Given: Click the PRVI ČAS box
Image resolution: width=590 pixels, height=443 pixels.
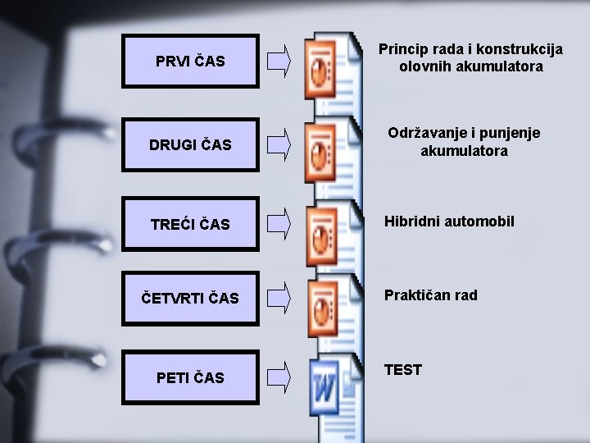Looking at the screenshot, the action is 190,61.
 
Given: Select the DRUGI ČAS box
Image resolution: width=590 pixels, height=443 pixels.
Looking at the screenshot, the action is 190,144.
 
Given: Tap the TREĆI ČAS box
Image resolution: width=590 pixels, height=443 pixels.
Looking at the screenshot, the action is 190,224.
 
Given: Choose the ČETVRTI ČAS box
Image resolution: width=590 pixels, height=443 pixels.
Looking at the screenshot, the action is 190,298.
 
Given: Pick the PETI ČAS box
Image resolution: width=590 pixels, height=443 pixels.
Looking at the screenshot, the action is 190,377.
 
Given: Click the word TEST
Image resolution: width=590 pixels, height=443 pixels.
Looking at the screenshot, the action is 403,370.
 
